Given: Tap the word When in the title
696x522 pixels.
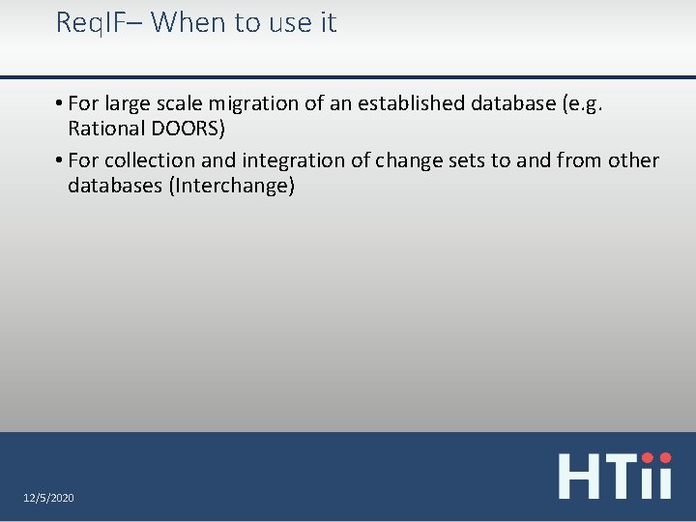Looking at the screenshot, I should tap(187, 22).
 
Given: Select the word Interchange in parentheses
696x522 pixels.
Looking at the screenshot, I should tap(231, 186).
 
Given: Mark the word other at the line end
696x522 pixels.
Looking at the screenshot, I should tap(633, 160).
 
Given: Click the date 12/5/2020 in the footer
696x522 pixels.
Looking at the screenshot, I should tap(48, 497).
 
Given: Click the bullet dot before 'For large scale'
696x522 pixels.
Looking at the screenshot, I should tap(60, 103).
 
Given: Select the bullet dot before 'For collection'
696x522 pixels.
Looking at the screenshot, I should tap(60, 160).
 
